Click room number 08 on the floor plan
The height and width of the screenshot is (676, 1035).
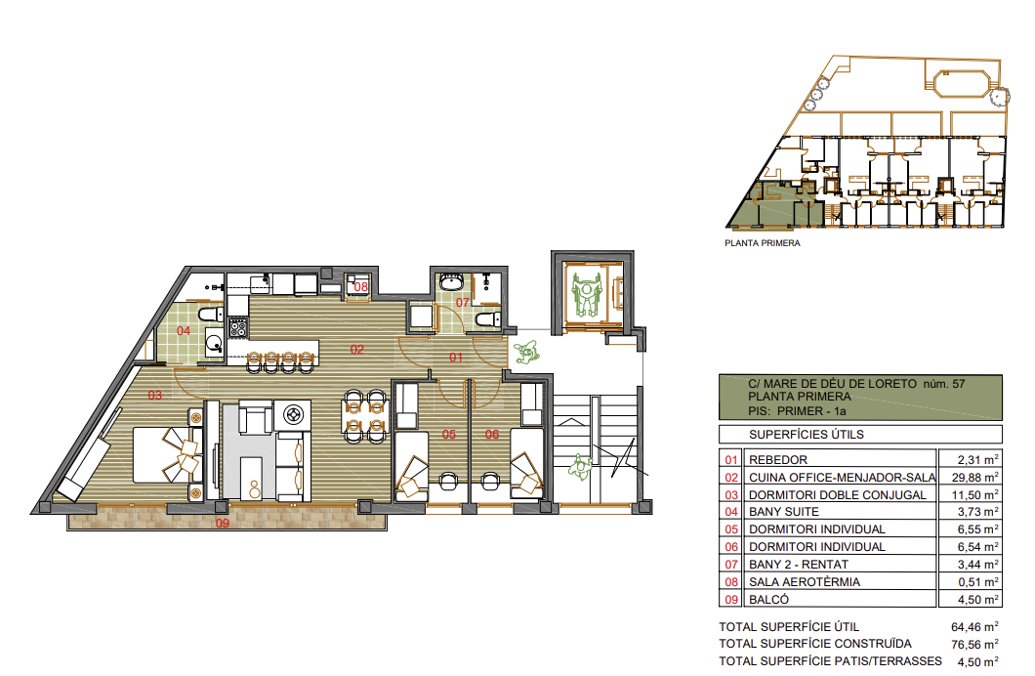click(360, 287)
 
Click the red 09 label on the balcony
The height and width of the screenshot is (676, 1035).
click(223, 524)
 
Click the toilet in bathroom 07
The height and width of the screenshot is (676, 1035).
click(488, 319)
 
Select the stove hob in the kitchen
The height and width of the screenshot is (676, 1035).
click(237, 327)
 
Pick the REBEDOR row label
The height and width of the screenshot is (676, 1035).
click(777, 460)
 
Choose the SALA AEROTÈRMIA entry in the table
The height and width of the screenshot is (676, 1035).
click(804, 582)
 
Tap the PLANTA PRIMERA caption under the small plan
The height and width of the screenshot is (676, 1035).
click(763, 243)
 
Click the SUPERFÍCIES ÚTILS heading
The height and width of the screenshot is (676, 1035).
click(806, 435)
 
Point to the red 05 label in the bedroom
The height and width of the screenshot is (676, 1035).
click(449, 435)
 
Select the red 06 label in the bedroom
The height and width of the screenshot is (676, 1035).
click(492, 435)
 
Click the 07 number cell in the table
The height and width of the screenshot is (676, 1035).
click(731, 565)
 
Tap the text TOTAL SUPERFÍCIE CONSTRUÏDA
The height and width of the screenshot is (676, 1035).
click(814, 644)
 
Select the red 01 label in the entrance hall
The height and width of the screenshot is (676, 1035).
click(456, 358)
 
